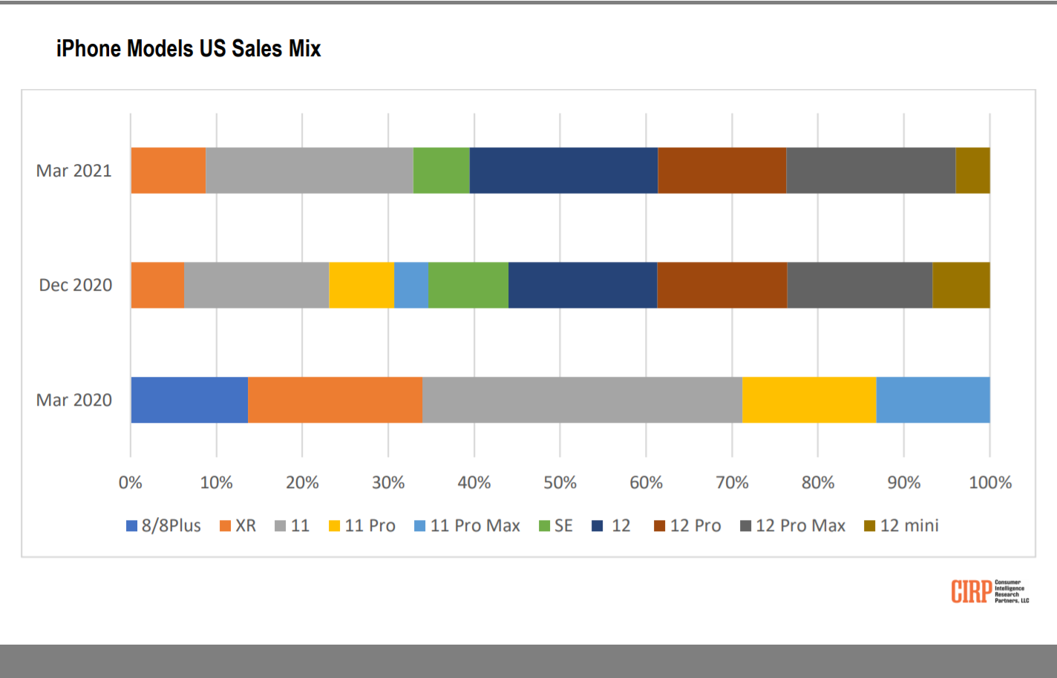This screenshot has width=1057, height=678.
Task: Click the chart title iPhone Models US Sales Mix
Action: [189, 49]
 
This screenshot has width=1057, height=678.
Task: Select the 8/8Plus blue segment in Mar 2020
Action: [189, 400]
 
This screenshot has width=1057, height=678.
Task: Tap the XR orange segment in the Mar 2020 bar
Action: [335, 400]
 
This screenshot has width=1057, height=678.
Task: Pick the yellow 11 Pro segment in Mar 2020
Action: [808, 400]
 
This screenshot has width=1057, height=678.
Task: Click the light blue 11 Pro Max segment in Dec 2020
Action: [411, 285]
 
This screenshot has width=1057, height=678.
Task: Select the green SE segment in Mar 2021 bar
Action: [441, 171]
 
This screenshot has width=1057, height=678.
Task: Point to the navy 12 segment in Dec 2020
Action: [582, 285]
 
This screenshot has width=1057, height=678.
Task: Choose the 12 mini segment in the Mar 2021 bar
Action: [972, 171]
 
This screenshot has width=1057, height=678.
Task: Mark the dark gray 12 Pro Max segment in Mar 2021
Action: [870, 171]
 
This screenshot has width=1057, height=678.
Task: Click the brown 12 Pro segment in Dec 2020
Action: [721, 285]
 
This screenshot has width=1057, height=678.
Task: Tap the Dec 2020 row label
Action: [75, 285]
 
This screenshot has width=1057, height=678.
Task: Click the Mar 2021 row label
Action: [73, 171]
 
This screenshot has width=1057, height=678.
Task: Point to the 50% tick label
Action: [560, 483]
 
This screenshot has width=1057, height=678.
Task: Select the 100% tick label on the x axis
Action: [990, 483]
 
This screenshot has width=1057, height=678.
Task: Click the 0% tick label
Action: [131, 483]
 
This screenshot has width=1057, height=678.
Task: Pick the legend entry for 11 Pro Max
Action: [467, 526]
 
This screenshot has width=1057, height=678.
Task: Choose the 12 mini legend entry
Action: [901, 526]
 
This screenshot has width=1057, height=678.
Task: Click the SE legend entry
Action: [556, 526]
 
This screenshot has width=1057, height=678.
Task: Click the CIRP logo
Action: [989, 591]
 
